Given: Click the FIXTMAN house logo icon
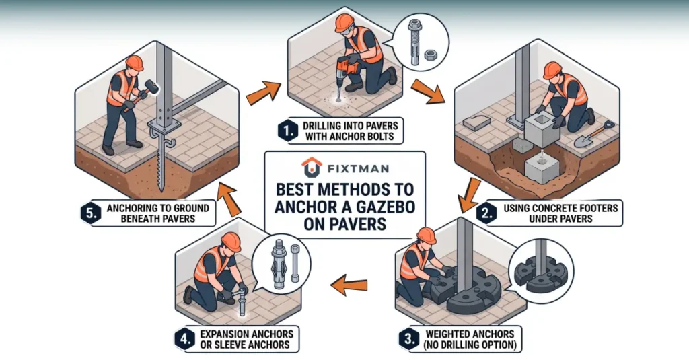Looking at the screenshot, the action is pos(312,168).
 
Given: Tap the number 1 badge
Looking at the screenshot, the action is pos(288,131).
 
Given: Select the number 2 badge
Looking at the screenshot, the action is pos(486,213).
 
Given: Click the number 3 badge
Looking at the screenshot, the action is pos(409,339).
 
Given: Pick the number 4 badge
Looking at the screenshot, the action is pos(184,339).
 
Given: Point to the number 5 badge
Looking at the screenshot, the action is pos(91,213).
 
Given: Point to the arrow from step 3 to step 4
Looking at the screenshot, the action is pos(349,285).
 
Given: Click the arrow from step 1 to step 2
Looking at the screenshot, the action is pos(427,92).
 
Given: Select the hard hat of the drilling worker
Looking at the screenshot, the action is pos(344,22).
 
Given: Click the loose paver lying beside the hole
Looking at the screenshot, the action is pos(477,122).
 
